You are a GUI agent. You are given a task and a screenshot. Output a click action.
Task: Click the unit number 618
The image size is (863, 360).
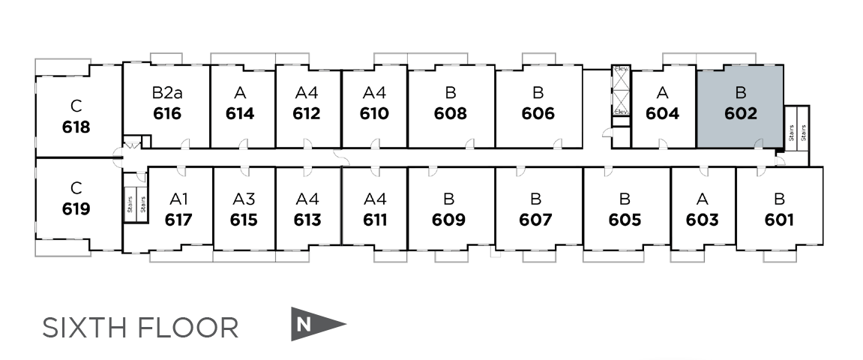click(x=76, y=127)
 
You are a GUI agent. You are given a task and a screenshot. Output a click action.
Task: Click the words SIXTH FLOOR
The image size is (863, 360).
click(x=140, y=328)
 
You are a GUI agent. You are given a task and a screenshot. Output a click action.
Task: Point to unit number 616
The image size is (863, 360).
click(x=166, y=114)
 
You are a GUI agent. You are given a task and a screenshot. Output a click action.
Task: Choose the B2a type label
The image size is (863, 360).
click(x=166, y=94)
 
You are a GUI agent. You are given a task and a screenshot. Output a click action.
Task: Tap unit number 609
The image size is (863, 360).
click(x=449, y=220)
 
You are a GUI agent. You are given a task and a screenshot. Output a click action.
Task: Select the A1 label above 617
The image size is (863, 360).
click(x=178, y=199)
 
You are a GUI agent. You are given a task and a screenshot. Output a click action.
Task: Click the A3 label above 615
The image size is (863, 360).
click(x=244, y=199)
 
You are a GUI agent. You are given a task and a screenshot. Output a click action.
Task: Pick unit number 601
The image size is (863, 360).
click(x=779, y=220)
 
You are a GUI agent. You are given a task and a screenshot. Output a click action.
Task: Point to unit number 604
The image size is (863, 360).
click(x=662, y=114)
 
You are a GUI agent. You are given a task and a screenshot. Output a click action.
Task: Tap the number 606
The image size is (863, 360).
click(x=538, y=114)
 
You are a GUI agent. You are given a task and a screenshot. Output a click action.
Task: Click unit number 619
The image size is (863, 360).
click(x=76, y=208)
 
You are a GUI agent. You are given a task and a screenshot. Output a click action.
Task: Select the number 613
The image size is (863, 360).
click(x=307, y=220)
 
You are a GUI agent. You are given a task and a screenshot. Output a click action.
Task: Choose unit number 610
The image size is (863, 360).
click(x=374, y=114)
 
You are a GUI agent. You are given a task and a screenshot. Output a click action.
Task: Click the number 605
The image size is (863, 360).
click(x=625, y=220)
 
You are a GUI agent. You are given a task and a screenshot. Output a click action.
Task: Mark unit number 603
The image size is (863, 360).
click(x=702, y=220)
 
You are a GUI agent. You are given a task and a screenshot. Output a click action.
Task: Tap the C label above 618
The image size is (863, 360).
click(x=76, y=105)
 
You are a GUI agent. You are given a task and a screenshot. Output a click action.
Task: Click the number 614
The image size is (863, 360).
click(x=240, y=114)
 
